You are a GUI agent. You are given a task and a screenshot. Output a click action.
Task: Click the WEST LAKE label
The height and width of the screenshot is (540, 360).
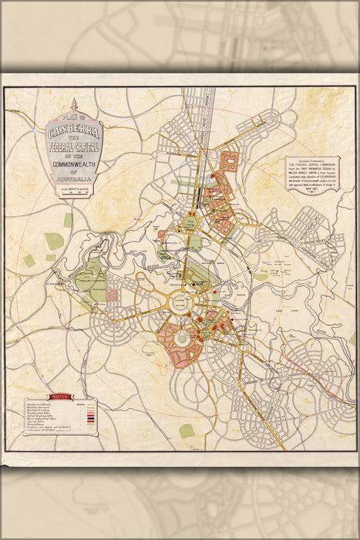(131, 252)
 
